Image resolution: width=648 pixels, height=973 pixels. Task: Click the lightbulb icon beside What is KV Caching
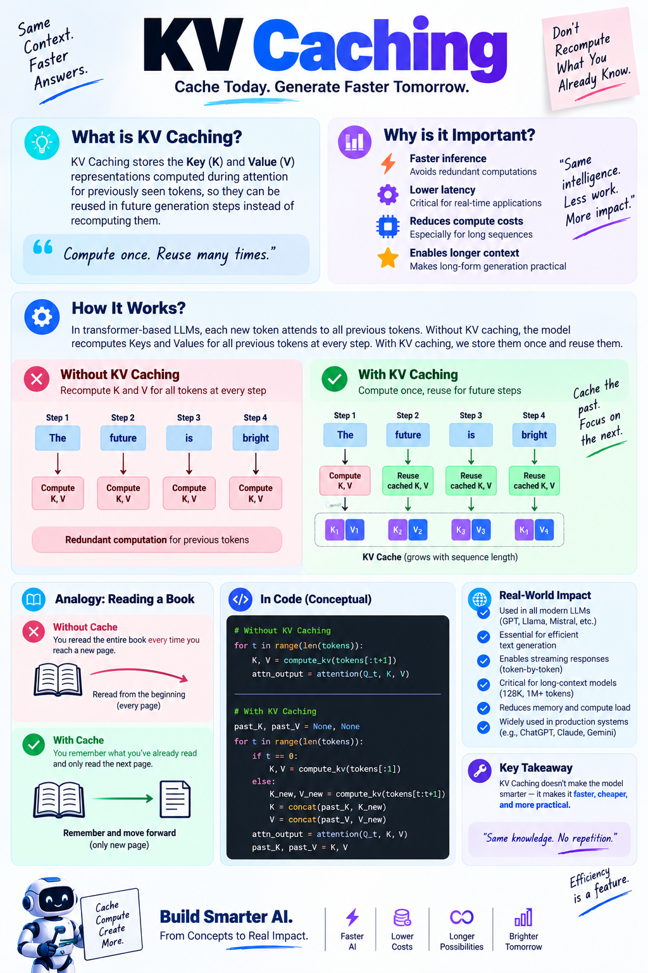point(42,143)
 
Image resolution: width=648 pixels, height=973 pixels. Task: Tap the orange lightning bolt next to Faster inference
point(388,164)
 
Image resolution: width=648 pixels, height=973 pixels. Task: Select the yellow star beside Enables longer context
point(387,258)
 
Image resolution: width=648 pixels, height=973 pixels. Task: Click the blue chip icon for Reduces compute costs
point(387,226)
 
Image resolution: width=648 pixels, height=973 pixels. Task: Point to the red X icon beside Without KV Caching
point(37,379)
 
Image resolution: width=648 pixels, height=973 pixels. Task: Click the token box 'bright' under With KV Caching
point(534,435)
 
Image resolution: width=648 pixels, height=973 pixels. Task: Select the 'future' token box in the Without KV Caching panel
point(123,438)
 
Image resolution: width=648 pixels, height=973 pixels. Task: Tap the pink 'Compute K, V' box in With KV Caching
point(345,480)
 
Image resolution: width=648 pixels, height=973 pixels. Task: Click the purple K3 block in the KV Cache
point(461,530)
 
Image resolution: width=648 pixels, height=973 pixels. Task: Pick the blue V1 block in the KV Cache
point(354,530)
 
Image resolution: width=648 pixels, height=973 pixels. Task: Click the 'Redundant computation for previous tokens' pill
point(157,540)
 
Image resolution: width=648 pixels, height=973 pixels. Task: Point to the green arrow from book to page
point(122,798)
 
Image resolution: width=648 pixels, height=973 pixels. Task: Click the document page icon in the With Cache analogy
point(175,799)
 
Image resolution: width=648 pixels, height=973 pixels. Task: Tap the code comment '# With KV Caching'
point(275,711)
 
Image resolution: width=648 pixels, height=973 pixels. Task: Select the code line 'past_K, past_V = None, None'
point(297,727)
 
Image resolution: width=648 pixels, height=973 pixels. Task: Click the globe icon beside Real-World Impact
point(479,599)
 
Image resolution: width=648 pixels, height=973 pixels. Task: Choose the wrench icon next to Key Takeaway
point(479,771)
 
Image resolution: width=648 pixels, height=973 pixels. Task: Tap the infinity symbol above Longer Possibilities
point(461,917)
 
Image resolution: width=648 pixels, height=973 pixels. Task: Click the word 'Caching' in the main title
point(380,47)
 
